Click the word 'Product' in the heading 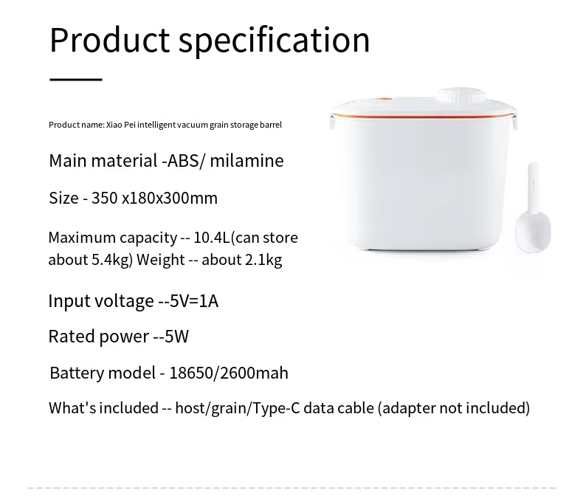coord(110,40)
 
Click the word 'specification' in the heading coord(275,41)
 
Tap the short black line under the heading coord(76,79)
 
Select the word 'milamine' coord(246,161)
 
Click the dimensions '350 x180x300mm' coord(154,198)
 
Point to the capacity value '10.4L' coord(212,238)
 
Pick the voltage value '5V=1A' coord(193,301)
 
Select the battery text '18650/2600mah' coord(229,373)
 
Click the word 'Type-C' coord(276,408)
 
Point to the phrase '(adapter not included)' coord(454,408)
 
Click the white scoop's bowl coord(533,231)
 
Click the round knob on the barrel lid coord(461,95)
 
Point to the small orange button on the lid coord(384,100)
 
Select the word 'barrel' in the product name coord(271,125)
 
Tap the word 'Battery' coord(77,373)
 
